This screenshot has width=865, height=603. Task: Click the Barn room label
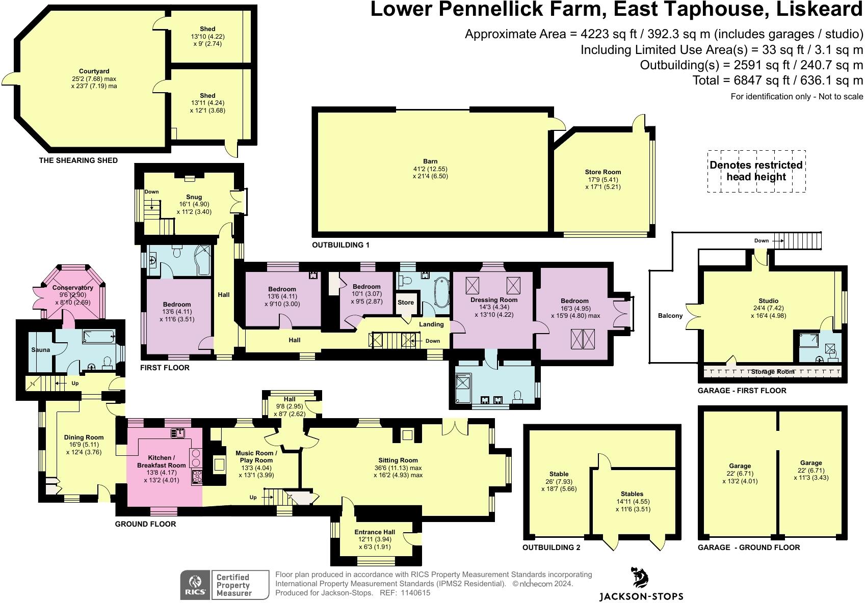430,161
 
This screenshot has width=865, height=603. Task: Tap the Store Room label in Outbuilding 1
602,172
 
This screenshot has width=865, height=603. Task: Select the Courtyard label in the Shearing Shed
94,71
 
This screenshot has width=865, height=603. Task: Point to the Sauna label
41,350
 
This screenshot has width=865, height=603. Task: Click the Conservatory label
72,288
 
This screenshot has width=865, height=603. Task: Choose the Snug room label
194,197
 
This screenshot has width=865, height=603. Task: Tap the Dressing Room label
494,300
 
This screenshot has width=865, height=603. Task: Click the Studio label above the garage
768,301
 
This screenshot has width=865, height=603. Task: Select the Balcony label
670,316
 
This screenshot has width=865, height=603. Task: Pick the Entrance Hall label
375,532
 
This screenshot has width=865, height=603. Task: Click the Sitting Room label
398,460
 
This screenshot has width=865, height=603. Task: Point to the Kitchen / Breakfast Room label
162,461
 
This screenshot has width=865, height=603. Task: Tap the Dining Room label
84,437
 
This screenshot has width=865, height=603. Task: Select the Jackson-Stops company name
641,596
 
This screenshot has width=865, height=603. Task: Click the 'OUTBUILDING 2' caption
551,547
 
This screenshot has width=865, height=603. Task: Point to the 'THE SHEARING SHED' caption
78,160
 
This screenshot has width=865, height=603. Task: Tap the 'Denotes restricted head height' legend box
756,171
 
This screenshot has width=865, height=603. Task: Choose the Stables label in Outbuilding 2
632,494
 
